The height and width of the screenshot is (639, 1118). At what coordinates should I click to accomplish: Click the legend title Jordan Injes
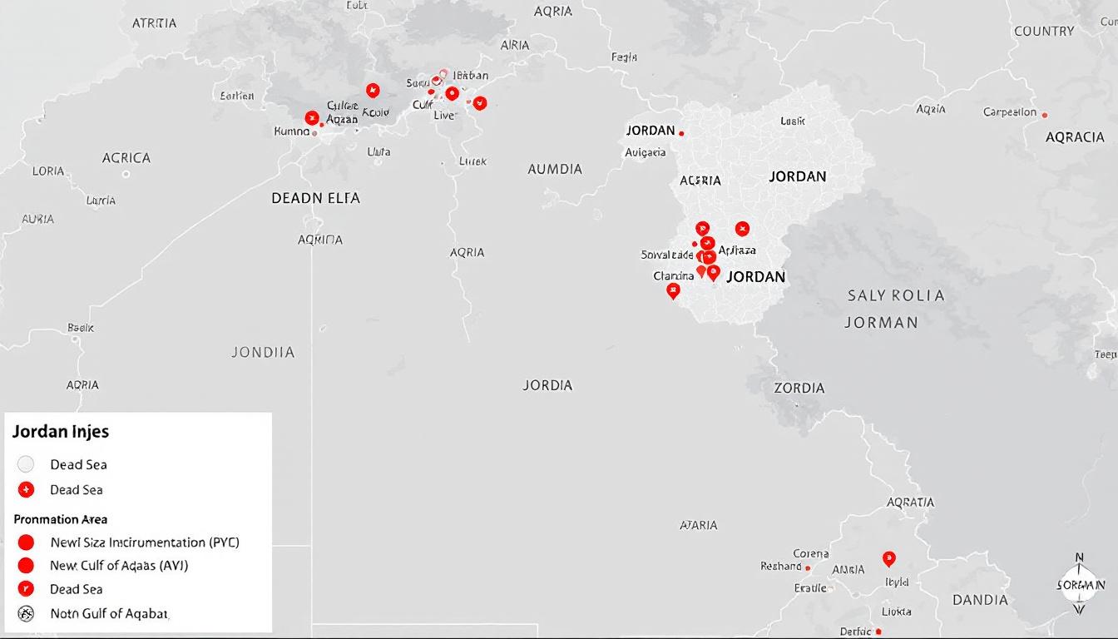61,432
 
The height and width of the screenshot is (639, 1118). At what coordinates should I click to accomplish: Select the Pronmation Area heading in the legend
61,519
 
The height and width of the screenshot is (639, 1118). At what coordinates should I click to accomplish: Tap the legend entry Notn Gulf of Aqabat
109,613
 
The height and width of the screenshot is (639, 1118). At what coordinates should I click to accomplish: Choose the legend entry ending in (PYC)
144,542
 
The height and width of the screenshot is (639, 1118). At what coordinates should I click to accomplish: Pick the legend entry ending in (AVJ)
119,566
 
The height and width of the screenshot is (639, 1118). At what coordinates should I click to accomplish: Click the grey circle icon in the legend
26,464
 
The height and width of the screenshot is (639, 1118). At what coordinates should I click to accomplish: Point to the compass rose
1080,584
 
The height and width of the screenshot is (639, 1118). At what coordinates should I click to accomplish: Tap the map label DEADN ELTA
315,199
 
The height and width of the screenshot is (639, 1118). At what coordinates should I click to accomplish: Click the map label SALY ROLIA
896,295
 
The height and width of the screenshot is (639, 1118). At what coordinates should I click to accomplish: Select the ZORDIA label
799,388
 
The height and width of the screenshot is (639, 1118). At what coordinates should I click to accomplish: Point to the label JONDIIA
263,353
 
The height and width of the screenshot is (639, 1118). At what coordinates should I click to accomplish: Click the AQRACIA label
1075,137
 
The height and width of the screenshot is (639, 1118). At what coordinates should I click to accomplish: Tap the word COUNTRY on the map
1044,32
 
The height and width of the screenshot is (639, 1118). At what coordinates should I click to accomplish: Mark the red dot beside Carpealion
1045,115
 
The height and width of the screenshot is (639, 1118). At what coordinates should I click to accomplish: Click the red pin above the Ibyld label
888,558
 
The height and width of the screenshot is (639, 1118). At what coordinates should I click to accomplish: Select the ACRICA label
126,158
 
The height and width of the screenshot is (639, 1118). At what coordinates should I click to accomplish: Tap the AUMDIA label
555,169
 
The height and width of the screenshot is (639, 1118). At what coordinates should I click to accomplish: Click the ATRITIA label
155,23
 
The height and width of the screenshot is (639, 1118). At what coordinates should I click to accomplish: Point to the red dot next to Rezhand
807,567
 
